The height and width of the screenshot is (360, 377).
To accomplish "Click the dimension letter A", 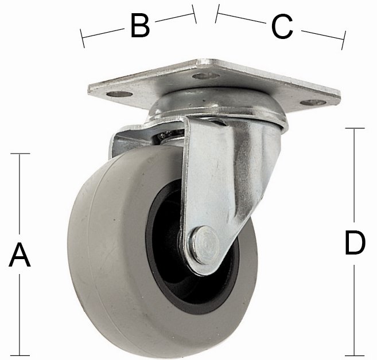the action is coord(20,255).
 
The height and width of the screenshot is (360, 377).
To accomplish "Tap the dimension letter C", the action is coord(282,26).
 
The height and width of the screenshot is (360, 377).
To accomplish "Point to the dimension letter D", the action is coord(355,242).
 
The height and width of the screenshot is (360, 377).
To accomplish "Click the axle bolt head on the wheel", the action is coord(205,245).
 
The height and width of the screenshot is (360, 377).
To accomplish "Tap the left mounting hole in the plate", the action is coord(119,94).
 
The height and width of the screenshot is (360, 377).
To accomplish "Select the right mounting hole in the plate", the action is coord(313,103).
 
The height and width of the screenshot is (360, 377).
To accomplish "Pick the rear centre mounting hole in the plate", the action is coord(206,76).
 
